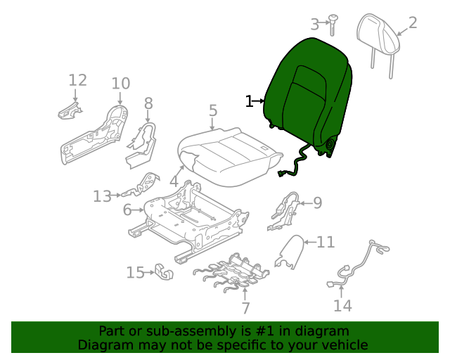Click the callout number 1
pyautogui.click(x=248, y=101)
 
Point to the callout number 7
pyautogui.click(x=245, y=308)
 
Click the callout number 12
pyautogui.click(x=77, y=79)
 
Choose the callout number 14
pyautogui.click(x=342, y=305)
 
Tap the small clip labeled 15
pyautogui.click(x=163, y=272)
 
